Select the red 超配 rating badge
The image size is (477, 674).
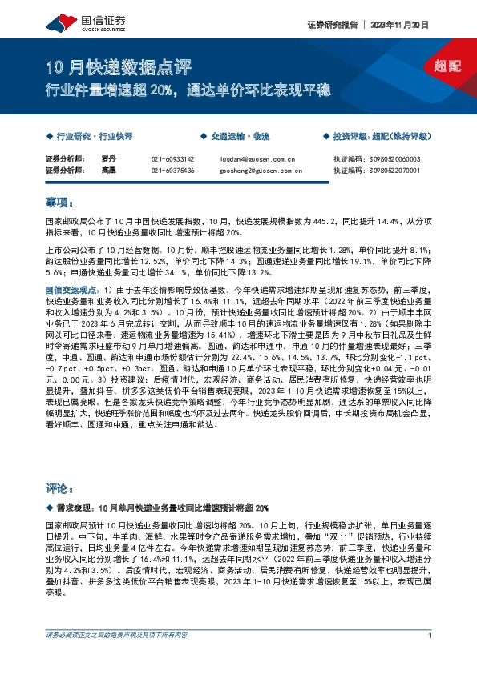tap(447, 67)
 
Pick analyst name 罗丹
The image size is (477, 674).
tap(110, 159)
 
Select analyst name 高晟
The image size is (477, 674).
tap(110, 171)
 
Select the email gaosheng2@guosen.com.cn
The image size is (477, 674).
tap(261, 171)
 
